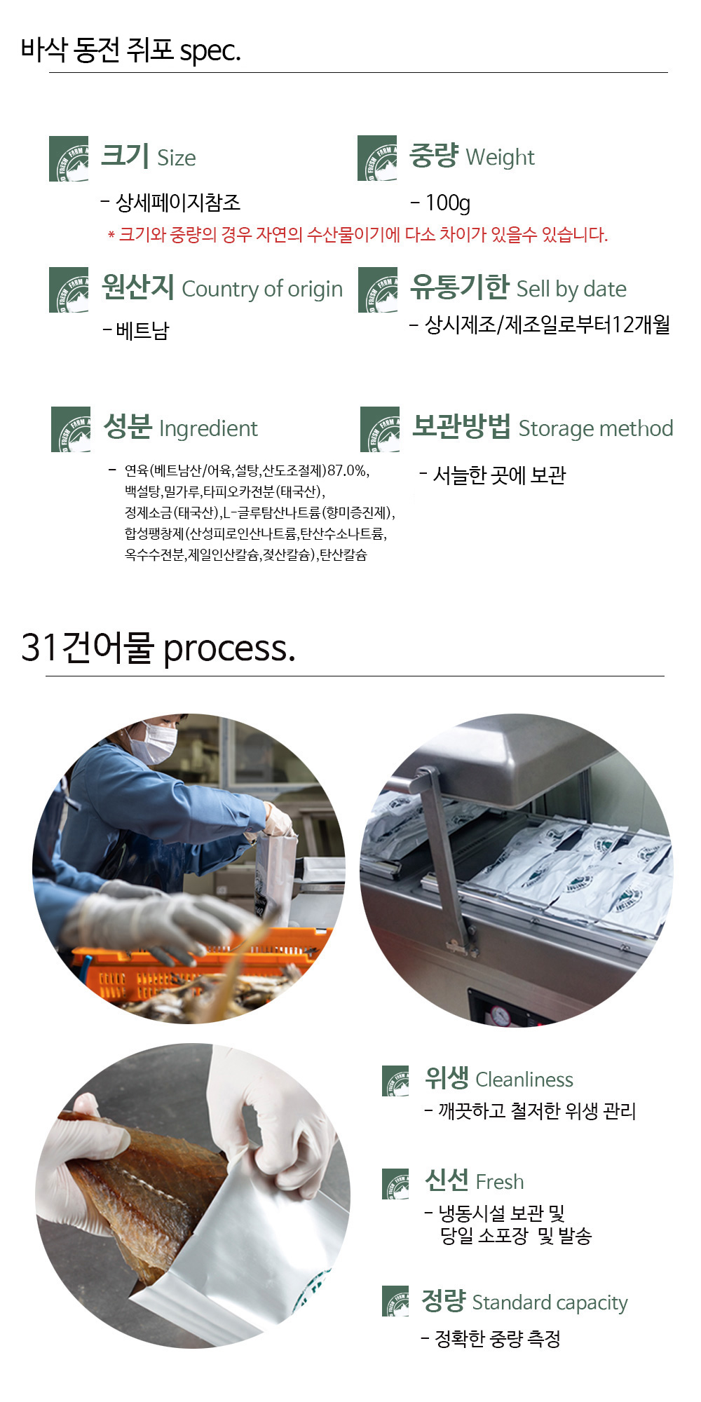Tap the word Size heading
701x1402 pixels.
[177, 158]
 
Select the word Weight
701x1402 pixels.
[500, 158]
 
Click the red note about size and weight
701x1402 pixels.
[358, 234]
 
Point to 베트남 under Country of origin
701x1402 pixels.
[142, 330]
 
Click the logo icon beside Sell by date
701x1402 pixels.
[377, 290]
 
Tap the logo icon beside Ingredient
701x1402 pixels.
[71, 429]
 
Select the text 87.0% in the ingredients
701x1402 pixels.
[348, 470]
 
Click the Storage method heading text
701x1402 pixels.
[595, 428]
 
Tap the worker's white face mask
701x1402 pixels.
[154, 743]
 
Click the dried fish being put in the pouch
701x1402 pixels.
[147, 1185]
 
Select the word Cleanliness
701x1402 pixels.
[524, 1080]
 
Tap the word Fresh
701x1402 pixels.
[499, 1182]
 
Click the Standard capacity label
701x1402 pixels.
[550, 1302]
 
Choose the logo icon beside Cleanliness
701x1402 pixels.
[395, 1081]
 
